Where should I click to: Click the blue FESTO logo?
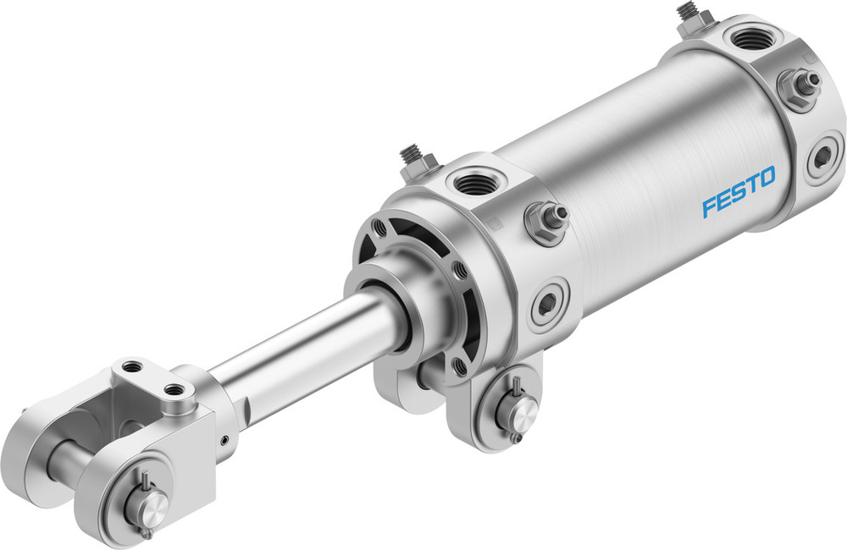738,192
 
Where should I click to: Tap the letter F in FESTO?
708,206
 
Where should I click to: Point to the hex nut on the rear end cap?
797,87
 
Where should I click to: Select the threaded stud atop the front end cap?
412,158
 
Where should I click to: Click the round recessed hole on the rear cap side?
821,158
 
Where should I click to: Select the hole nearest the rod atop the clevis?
176,391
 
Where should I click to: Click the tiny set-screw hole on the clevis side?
224,439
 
